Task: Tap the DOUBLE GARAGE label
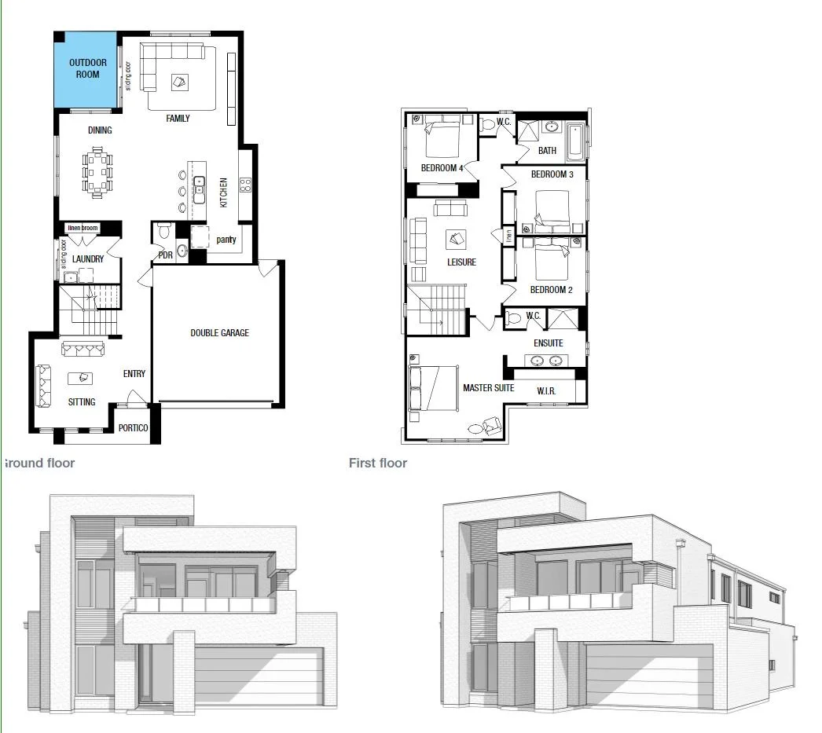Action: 219,333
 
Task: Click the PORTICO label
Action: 133,428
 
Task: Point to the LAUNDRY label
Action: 88,259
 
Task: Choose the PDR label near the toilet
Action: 165,255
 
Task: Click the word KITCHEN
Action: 224,192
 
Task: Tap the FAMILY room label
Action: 178,119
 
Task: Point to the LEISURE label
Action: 461,262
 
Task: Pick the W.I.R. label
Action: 547,390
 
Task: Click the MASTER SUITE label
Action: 488,388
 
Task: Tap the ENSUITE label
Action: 548,343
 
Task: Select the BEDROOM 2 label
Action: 551,290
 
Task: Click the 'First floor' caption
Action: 378,464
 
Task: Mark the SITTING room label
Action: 82,402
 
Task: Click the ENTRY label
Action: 134,374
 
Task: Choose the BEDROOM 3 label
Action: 552,174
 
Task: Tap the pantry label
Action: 226,240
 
